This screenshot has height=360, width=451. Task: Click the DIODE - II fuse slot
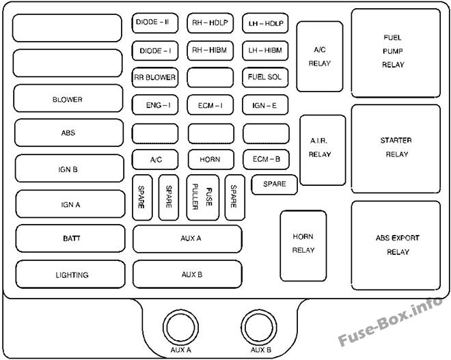pyautogui.click(x=155, y=23)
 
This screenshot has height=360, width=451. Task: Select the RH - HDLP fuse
pyautogui.click(x=210, y=23)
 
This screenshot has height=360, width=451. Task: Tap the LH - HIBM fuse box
pyautogui.click(x=265, y=51)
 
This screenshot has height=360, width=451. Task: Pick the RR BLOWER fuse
pyautogui.click(x=155, y=78)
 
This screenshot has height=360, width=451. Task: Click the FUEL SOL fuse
pyautogui.click(x=265, y=78)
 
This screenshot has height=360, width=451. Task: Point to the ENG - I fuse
pyautogui.click(x=155, y=105)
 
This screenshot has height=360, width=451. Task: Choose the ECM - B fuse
pyautogui.click(x=266, y=160)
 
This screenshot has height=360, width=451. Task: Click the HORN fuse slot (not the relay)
pyautogui.click(x=211, y=160)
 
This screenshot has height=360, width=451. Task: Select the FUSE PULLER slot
pyautogui.click(x=203, y=197)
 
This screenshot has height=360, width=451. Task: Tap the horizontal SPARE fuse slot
pyautogui.click(x=275, y=184)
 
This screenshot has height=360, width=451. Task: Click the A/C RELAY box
pyautogui.click(x=320, y=57)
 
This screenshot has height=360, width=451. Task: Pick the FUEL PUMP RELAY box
pyautogui.click(x=396, y=53)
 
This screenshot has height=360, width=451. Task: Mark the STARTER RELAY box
pyautogui.click(x=396, y=149)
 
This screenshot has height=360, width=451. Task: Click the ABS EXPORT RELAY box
pyautogui.click(x=396, y=245)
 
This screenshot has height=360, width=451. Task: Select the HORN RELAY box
pyautogui.click(x=303, y=246)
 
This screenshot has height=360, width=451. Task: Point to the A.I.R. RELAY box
pyautogui.click(x=323, y=150)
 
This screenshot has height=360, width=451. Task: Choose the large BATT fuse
pyautogui.click(x=70, y=238)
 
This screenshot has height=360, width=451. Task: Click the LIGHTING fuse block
pyautogui.click(x=70, y=275)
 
